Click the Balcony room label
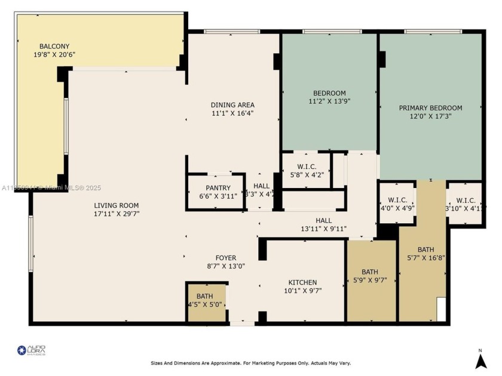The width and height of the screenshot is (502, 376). tap(55, 46)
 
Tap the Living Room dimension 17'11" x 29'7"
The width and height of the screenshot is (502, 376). tap(117, 214)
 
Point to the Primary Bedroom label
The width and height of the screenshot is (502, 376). tap(430, 108)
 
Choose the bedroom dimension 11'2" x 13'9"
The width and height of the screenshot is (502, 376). tap(329, 101)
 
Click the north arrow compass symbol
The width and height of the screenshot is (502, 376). tap(480, 359)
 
